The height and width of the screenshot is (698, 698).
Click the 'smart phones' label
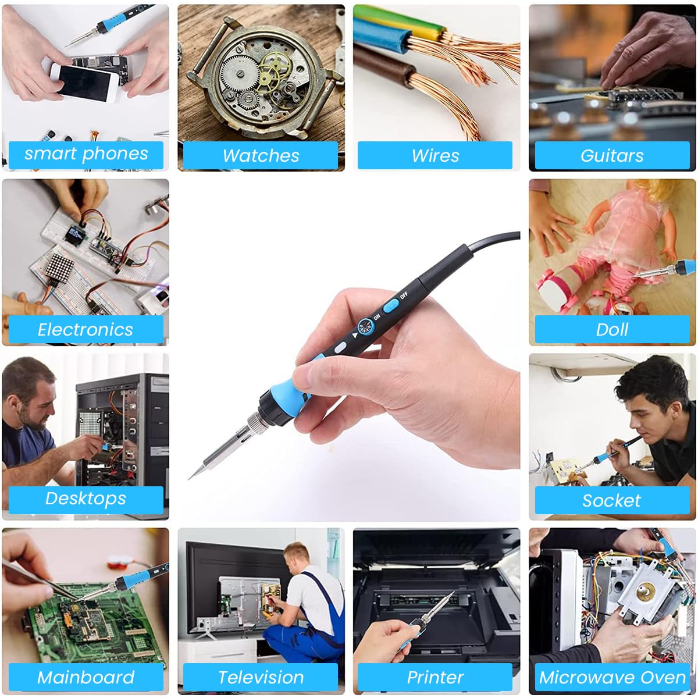[x=86, y=155]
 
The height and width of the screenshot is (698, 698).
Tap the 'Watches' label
[x=261, y=156]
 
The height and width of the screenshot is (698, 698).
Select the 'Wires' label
[x=435, y=156]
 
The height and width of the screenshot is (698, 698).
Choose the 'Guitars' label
[x=612, y=156]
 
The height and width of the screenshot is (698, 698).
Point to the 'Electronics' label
[x=86, y=330]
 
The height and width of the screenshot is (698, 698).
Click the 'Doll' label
[x=612, y=330]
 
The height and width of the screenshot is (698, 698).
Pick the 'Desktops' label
[x=86, y=499]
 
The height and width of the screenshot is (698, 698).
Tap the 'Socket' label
[x=612, y=500]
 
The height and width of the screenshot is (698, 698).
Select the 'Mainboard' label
[x=86, y=677]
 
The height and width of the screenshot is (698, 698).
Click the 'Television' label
[x=261, y=677]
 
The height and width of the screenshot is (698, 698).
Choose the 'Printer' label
[x=435, y=677]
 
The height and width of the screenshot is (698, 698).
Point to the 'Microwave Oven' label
[x=612, y=677]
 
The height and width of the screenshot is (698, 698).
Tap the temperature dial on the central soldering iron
[x=365, y=327]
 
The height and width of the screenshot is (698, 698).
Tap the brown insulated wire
[x=384, y=65]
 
